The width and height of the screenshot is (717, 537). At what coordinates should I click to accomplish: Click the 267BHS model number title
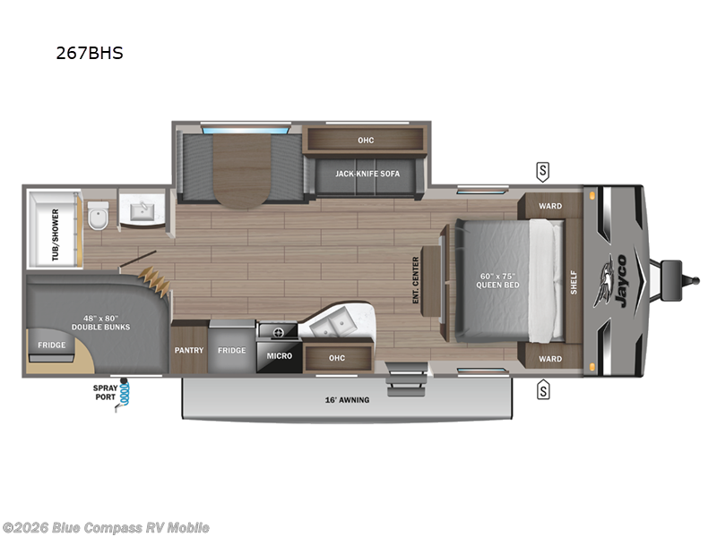tap(89, 53)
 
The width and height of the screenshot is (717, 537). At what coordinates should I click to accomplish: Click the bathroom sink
tap(142, 211)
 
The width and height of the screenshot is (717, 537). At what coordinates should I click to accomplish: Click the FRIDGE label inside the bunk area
tap(51, 345)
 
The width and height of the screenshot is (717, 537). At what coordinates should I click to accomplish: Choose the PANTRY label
tap(188, 350)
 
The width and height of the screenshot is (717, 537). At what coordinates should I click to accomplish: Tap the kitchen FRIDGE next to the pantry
tap(231, 350)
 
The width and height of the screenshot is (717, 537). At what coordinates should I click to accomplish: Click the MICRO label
tap(280, 355)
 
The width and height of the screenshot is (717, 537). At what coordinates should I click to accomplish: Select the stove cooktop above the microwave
tap(278, 331)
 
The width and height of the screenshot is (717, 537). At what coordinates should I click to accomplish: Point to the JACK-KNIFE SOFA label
tap(367, 174)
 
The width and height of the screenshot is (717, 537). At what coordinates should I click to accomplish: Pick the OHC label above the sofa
tap(365, 140)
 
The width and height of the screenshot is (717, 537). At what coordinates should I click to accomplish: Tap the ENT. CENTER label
tap(416, 281)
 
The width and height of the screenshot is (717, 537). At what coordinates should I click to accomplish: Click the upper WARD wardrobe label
tap(550, 206)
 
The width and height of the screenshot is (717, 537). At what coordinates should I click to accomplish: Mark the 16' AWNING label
tap(349, 400)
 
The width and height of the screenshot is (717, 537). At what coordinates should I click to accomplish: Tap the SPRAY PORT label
tap(105, 392)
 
